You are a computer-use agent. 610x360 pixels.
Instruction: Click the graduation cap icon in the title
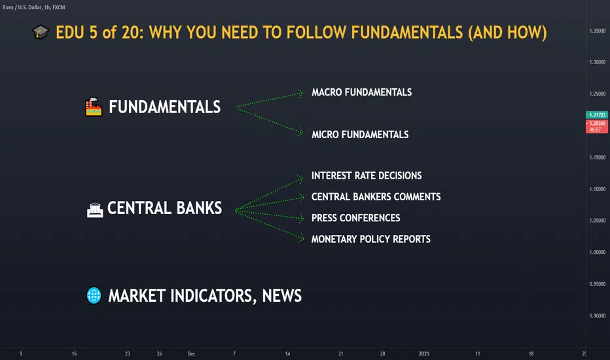tap(41, 32)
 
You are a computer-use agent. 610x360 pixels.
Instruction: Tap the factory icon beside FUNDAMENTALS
tap(94, 107)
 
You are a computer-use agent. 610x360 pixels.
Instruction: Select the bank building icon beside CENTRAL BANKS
tap(95, 209)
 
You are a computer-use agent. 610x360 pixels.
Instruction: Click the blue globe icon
tap(94, 295)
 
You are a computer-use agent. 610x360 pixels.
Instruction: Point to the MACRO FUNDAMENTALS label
tap(361, 92)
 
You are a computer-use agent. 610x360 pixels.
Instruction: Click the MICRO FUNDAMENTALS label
tap(360, 135)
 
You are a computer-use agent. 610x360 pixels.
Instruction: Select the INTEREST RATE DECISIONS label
tap(367, 175)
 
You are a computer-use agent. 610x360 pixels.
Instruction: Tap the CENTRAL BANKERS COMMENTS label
tap(376, 196)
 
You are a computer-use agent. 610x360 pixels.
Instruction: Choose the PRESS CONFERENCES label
tap(355, 218)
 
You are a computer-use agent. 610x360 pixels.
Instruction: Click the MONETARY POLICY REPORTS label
tap(370, 239)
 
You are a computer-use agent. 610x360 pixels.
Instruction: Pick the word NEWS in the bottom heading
tap(281, 296)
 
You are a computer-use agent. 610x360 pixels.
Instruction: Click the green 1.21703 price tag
tap(597, 115)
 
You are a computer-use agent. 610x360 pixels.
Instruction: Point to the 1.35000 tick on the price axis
tap(598, 31)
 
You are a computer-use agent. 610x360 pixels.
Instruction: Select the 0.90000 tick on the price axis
tap(598, 315)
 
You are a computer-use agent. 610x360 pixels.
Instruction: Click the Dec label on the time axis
tap(191, 353)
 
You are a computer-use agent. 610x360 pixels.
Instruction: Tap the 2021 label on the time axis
tap(423, 353)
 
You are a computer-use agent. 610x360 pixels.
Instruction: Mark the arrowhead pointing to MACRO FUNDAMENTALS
tap(300, 94)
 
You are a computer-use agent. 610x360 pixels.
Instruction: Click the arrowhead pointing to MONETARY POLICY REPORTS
tap(301, 238)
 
